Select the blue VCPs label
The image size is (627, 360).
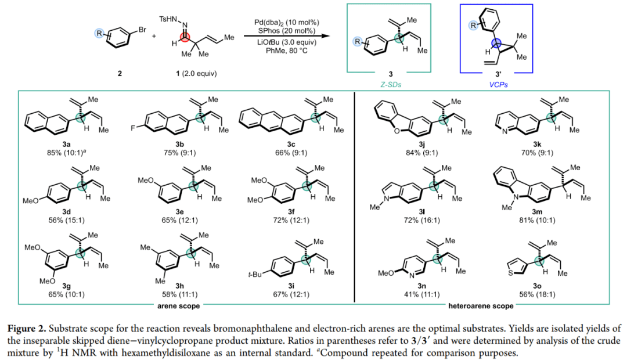pyautogui.click(x=496, y=84)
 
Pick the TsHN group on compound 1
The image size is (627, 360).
pyautogui.click(x=167, y=19)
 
